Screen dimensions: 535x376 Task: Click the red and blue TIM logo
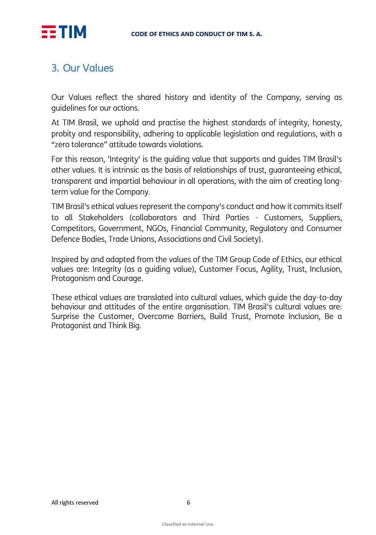pos(64,32)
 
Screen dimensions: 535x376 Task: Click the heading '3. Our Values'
pos(82,68)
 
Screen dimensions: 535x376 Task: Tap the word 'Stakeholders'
pos(101,218)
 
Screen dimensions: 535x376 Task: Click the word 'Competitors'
pos(73,228)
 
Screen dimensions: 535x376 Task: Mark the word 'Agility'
pos(271,269)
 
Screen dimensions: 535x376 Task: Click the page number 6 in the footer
pos(188,503)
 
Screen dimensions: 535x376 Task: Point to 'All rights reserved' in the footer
pos(75,503)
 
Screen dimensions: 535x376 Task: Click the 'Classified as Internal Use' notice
pos(188,524)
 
